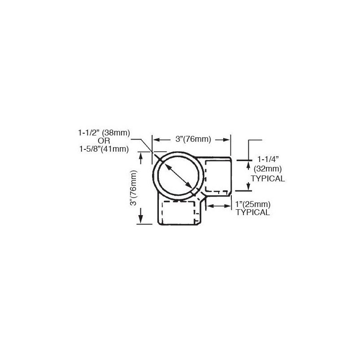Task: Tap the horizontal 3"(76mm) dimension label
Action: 193,139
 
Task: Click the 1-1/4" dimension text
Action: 269,159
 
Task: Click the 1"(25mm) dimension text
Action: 252,205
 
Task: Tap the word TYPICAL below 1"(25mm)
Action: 253,212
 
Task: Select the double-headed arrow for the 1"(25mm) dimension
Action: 218,206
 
